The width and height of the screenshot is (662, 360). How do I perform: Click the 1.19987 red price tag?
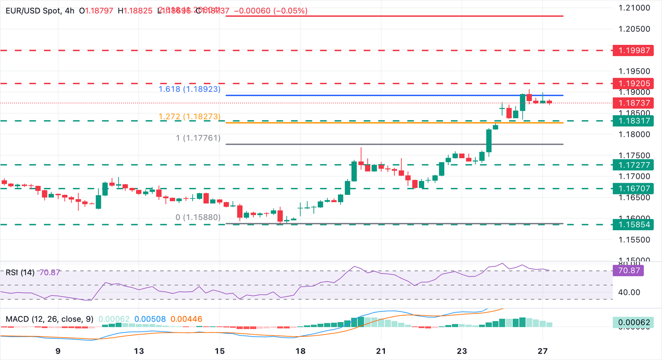[634, 50]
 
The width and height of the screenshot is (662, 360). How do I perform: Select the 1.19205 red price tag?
[634, 84]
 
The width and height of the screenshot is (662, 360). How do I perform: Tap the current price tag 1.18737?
[634, 103]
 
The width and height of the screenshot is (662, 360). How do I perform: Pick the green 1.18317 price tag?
[634, 121]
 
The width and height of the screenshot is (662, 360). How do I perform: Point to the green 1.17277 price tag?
[634, 165]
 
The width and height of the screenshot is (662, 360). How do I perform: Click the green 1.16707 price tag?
[634, 188]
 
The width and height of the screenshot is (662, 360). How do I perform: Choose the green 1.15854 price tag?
[634, 224]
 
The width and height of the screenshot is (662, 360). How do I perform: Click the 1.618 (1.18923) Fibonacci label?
[189, 89]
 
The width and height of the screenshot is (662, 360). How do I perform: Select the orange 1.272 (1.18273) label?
[189, 117]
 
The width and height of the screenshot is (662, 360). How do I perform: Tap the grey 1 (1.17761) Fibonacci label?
[198, 138]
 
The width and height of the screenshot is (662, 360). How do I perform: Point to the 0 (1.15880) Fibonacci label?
[198, 217]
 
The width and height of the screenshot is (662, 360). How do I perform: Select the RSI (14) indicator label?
[20, 272]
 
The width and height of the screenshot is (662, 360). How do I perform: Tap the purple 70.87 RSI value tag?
[628, 271]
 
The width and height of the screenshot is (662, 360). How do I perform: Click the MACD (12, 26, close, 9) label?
[50, 319]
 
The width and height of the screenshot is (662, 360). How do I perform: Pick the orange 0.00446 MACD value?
[186, 319]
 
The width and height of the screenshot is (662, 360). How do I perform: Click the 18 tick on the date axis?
[300, 351]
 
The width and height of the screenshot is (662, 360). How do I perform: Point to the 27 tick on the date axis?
[543, 351]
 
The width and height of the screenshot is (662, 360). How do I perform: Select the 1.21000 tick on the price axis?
[634, 8]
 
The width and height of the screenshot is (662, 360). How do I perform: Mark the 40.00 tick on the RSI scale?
[629, 292]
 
